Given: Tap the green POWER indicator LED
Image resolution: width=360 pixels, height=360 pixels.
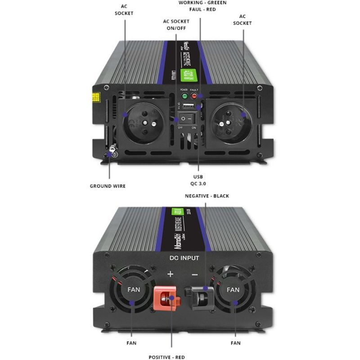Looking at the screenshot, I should [184, 95].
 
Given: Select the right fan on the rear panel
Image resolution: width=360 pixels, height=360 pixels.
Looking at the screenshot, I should [233, 290].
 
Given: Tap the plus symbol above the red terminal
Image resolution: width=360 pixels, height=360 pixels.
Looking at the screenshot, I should [171, 274].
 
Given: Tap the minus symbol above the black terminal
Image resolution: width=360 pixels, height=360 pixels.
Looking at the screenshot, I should [195, 274].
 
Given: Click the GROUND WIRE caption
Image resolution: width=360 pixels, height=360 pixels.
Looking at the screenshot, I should [108, 186].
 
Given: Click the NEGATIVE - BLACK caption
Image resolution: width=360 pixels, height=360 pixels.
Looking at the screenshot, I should [207, 196].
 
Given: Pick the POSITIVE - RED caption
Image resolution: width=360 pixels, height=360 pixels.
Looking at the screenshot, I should [166, 357].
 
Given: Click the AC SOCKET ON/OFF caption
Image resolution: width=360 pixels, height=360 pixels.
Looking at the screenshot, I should [176, 25].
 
